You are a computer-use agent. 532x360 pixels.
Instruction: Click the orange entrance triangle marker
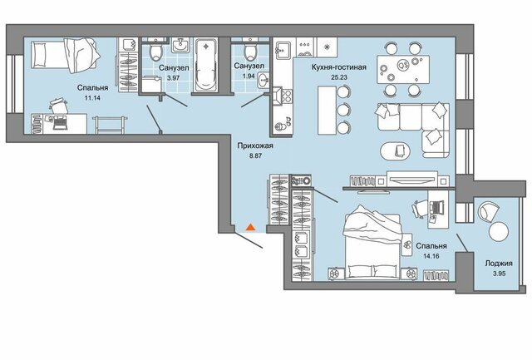(250, 227)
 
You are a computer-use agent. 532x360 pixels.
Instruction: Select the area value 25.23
(339, 77)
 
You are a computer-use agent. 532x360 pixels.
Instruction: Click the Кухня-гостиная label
(339, 67)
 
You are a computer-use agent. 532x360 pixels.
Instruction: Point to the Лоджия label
(499, 264)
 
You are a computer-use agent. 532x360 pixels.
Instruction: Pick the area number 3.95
(499, 274)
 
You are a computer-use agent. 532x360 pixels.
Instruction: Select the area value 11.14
(92, 98)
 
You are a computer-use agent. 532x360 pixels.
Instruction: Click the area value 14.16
(431, 256)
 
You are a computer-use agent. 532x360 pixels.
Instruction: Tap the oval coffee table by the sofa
(396, 150)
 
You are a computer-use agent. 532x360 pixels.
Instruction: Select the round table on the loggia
(499, 231)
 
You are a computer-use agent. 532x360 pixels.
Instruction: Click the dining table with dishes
(403, 69)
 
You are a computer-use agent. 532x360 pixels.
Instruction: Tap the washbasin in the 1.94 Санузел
(264, 80)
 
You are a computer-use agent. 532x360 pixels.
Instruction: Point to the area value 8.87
(255, 156)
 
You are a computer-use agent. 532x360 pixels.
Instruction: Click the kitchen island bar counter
(327, 110)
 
